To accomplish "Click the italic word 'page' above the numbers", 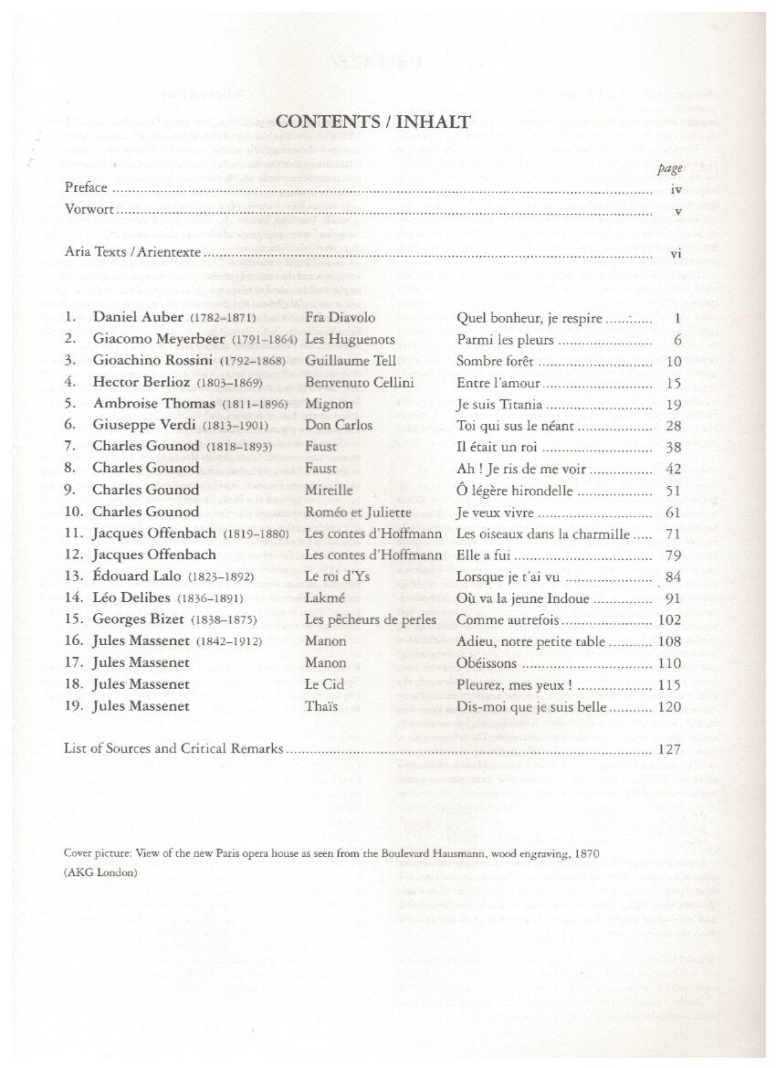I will (669, 168).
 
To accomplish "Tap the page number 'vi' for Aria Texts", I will (676, 253).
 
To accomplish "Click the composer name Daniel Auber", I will (137, 319).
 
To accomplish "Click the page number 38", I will (674, 447).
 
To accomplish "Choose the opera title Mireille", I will (329, 490).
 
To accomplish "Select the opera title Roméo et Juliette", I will (360, 512).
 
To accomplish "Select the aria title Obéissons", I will (486, 662).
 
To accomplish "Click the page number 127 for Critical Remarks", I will (669, 749).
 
